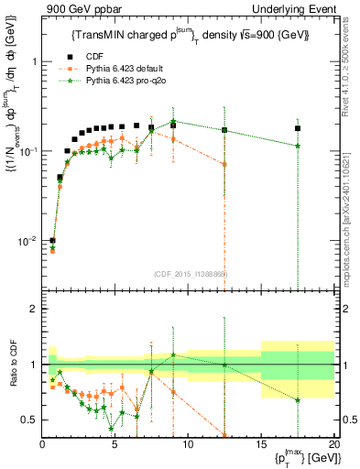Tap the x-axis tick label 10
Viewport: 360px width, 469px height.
188,444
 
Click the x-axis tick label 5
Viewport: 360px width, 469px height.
115,444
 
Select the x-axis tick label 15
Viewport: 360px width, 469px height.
261,444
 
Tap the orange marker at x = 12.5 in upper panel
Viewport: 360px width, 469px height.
224,164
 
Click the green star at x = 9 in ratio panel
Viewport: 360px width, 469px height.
173,354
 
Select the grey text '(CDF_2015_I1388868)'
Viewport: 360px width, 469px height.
191,274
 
